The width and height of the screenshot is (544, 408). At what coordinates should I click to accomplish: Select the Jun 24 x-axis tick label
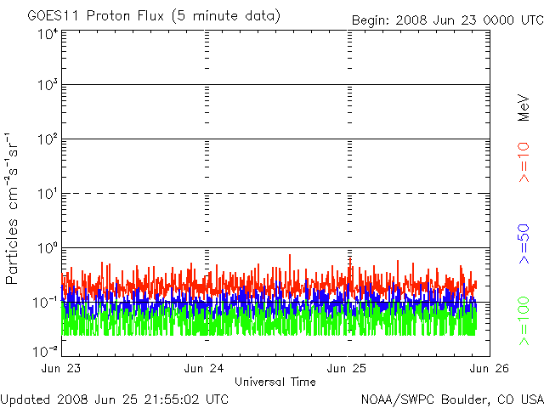205,369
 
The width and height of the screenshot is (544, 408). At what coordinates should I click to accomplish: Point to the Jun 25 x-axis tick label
348,369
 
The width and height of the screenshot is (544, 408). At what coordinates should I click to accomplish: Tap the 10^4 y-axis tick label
47,34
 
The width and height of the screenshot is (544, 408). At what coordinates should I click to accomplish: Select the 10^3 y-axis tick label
47,87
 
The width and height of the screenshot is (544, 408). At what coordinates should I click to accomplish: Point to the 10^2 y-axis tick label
47,140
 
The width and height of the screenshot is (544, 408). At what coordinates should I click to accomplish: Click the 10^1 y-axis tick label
47,195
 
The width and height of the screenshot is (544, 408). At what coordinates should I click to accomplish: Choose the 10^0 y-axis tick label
47,249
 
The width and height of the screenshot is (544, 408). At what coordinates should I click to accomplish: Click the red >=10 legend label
524,161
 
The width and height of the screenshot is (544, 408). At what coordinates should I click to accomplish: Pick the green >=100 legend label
524,320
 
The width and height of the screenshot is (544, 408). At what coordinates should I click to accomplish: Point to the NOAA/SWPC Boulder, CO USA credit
451,399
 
